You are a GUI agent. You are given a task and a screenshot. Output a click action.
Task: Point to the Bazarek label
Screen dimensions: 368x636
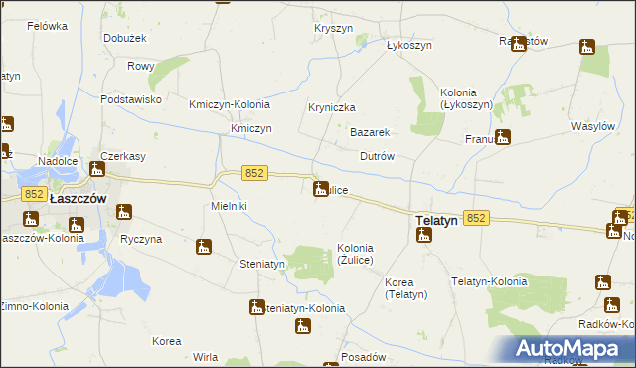pyautogui.click(x=368, y=132)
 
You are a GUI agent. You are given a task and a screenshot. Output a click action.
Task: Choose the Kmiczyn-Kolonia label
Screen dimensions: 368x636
pyautogui.click(x=229, y=104)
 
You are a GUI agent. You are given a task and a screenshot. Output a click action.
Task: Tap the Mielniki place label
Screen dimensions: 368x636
pyautogui.click(x=229, y=206)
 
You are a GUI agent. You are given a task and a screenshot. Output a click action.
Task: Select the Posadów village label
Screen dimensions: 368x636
pyautogui.click(x=362, y=357)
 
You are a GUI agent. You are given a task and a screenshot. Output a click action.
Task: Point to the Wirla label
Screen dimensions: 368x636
pyautogui.click(x=206, y=357)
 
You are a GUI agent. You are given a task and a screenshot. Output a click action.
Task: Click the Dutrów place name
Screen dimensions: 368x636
pyautogui.click(x=377, y=157)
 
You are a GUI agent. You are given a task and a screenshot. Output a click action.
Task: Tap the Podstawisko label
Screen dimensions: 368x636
pyautogui.click(x=130, y=99)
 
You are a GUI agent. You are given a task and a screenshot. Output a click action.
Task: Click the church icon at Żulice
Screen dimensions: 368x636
pyautogui.click(x=321, y=188)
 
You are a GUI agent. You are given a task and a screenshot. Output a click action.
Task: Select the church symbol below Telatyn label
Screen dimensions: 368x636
pyautogui.click(x=424, y=236)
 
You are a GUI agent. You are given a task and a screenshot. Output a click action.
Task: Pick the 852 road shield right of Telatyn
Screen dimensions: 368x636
pyautogui.click(x=476, y=218)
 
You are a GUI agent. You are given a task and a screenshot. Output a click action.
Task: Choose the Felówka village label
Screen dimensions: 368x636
pyautogui.click(x=46, y=25)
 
